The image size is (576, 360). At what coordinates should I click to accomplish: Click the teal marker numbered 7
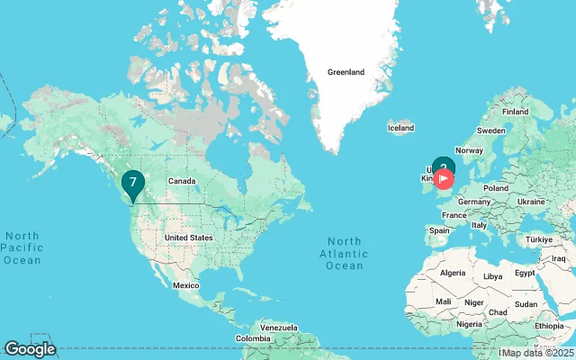click(133, 184)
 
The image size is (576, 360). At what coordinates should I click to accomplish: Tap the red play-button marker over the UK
click(444, 178)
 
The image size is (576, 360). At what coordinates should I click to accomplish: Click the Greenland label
click(346, 72)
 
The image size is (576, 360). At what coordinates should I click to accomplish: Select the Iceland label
click(400, 129)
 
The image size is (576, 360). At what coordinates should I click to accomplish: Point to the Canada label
click(180, 181)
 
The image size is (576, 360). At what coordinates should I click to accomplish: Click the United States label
click(188, 238)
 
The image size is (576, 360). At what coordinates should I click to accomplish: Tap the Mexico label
click(185, 284)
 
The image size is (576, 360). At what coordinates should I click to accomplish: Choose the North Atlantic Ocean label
click(345, 253)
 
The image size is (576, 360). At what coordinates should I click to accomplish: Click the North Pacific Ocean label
click(22, 247)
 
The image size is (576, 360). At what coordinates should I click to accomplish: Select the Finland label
click(516, 112)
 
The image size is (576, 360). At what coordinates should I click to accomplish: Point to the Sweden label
click(491, 130)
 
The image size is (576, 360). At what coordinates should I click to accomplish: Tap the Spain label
click(439, 230)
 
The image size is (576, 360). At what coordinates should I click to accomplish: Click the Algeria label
click(452, 273)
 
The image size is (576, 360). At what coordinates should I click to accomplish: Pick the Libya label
click(493, 276)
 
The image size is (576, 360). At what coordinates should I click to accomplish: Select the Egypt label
click(525, 273)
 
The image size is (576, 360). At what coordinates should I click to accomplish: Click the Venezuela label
click(278, 326)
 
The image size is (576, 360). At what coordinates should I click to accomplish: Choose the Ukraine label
click(532, 202)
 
